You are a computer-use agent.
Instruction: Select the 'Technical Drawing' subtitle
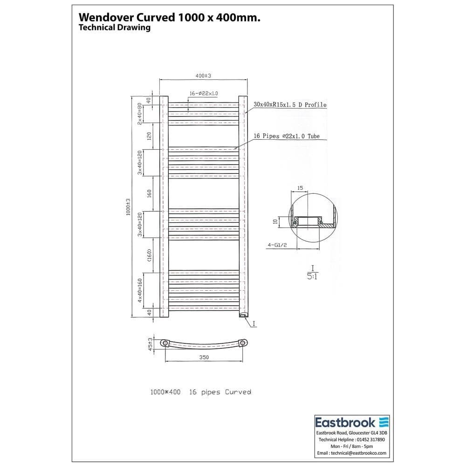(115, 27)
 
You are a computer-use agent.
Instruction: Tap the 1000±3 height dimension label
(128, 206)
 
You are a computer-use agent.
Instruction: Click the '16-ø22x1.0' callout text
(204, 94)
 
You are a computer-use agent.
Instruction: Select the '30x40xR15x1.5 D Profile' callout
(290, 105)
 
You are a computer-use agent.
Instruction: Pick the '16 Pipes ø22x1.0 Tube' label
(286, 136)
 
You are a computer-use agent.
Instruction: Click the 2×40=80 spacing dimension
(139, 113)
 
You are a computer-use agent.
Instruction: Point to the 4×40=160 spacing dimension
(139, 290)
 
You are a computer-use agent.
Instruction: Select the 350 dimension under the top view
(203, 357)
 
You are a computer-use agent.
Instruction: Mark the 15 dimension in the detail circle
(300, 188)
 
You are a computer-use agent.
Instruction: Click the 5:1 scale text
(313, 275)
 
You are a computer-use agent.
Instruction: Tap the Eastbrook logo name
(345, 422)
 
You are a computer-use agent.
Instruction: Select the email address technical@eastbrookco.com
(351, 452)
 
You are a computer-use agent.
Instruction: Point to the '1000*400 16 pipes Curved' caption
(200, 392)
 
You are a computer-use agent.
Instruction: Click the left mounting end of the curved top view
(165, 343)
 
